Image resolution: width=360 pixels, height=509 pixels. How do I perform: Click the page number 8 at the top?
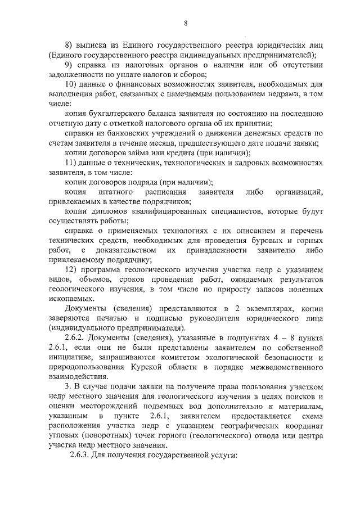point(185,22)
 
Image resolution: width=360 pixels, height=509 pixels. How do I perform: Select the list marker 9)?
point(71,65)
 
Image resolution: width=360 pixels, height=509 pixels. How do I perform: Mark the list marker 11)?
point(73,163)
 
